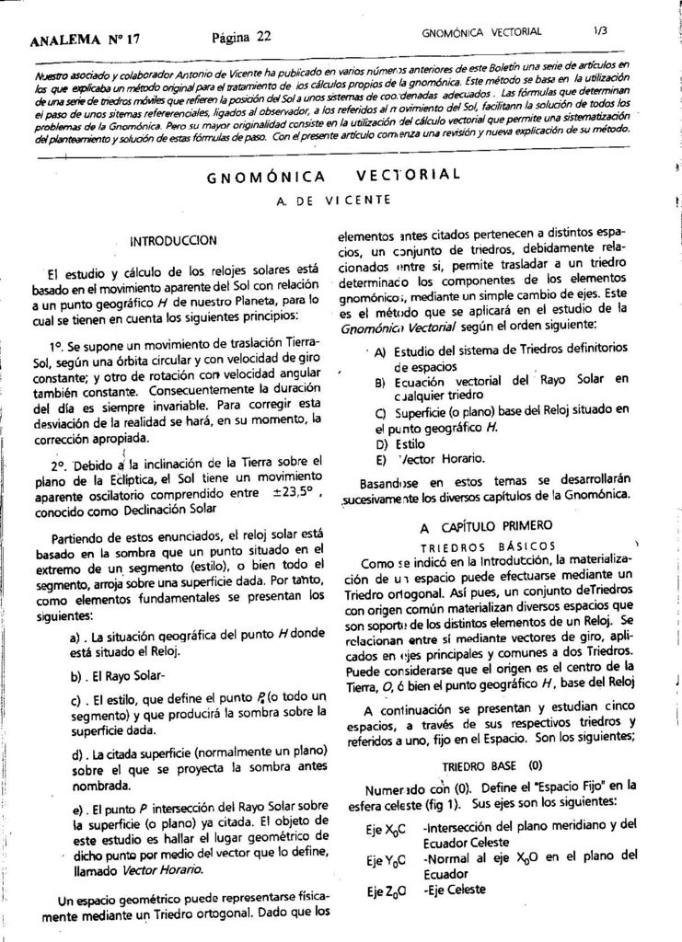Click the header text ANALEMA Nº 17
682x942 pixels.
click(x=85, y=40)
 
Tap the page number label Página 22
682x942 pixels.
click(x=241, y=37)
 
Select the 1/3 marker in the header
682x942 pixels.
click(x=601, y=30)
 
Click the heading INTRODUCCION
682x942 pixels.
click(x=174, y=241)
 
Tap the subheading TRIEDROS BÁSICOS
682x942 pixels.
click(x=487, y=546)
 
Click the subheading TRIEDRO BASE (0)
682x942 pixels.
click(x=492, y=765)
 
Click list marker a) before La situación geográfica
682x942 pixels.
click(x=77, y=637)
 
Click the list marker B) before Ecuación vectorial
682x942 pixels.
click(x=379, y=381)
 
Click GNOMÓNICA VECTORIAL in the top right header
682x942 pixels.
click(x=481, y=32)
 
